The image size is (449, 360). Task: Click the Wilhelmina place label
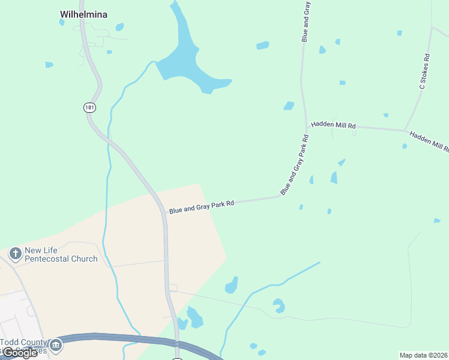click(x=83, y=14)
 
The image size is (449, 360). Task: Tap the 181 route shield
click(x=89, y=107)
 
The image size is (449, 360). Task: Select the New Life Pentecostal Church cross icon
click(x=15, y=254)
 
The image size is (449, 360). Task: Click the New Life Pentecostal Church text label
click(x=61, y=254)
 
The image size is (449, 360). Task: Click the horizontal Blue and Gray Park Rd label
click(x=200, y=206)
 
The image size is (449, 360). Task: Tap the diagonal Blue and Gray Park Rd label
click(x=295, y=165)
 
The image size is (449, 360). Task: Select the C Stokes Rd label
click(x=425, y=72)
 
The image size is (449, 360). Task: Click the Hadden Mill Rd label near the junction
click(x=333, y=126)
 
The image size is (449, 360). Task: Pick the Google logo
click(x=19, y=353)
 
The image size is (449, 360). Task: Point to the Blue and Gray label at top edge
click(x=306, y=21)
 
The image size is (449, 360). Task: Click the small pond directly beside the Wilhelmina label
click(x=62, y=23)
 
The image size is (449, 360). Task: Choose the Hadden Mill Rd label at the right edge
click(x=430, y=142)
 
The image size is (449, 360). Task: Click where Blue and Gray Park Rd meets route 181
click(x=165, y=212)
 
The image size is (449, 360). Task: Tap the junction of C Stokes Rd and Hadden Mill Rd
click(x=405, y=130)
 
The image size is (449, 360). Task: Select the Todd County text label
click(x=24, y=342)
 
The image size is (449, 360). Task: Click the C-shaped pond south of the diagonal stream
click(x=278, y=306)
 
